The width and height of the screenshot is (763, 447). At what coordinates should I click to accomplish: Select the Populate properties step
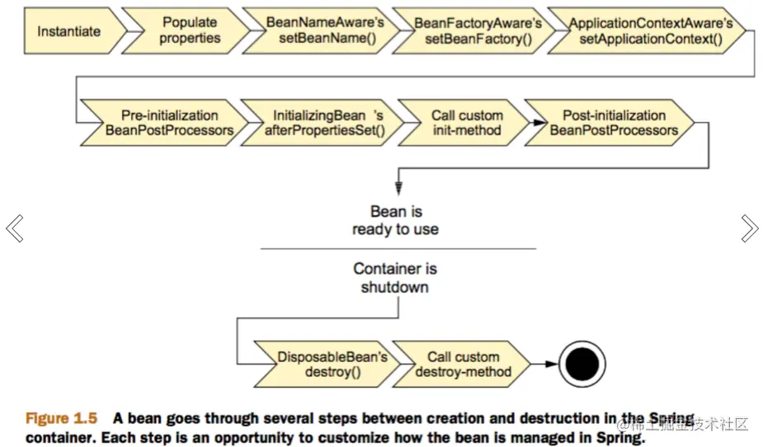point(187,31)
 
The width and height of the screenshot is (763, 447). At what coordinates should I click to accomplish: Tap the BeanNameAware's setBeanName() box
point(323,31)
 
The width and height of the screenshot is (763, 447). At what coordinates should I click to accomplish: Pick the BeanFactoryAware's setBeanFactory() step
point(475,31)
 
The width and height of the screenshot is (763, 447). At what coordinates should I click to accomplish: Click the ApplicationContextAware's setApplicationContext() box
point(648,31)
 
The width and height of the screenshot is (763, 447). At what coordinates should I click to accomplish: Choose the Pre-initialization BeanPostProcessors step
point(166,123)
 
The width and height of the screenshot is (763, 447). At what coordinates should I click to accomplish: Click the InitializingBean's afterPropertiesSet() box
point(323,123)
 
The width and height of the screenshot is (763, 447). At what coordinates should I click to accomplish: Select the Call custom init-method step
point(464,123)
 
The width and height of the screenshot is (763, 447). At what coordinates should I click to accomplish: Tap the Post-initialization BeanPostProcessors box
point(610,123)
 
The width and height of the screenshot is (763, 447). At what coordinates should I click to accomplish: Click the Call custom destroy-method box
point(461,364)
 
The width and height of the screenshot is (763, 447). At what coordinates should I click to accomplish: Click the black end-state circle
point(582,364)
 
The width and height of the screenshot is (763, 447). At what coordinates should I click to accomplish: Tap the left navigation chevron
point(15,228)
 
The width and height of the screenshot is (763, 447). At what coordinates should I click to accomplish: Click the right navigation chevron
point(749,228)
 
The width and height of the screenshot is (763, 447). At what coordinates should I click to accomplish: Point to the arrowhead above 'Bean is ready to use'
point(398,189)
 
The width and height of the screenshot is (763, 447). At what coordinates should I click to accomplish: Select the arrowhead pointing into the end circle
point(552,364)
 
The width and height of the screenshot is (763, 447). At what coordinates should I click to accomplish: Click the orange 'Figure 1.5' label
point(61,418)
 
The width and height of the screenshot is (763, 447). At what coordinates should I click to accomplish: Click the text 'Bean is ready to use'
point(396,220)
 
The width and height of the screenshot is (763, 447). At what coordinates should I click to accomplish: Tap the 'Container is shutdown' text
point(395,278)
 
